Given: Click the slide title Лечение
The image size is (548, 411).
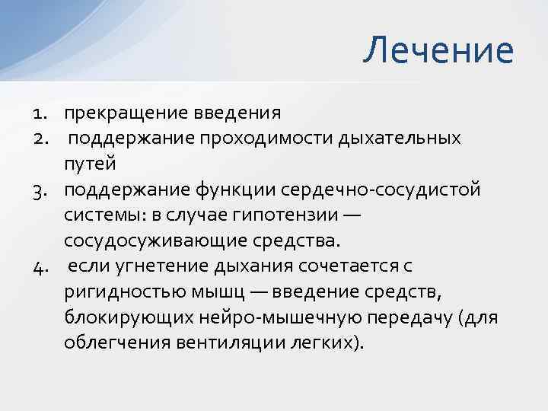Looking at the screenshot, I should click(438, 51).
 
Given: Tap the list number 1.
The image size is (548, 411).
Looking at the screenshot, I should click(40, 113).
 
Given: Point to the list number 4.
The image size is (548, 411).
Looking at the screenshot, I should click(40, 266).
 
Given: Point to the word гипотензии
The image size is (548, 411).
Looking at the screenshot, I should click(282, 215).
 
